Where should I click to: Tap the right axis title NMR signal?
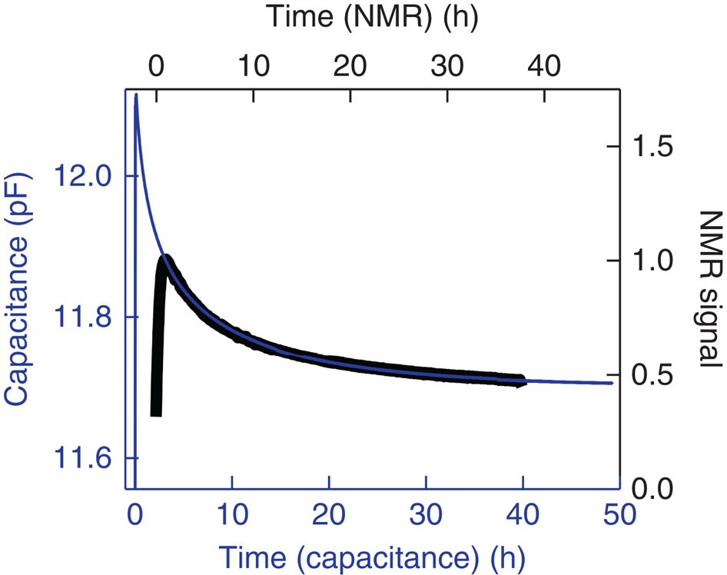(706, 287)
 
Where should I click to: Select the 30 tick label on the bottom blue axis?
(427, 514)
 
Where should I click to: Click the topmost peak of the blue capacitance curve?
(136, 95)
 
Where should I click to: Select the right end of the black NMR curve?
(523, 381)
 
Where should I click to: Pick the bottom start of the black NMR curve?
(156, 414)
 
